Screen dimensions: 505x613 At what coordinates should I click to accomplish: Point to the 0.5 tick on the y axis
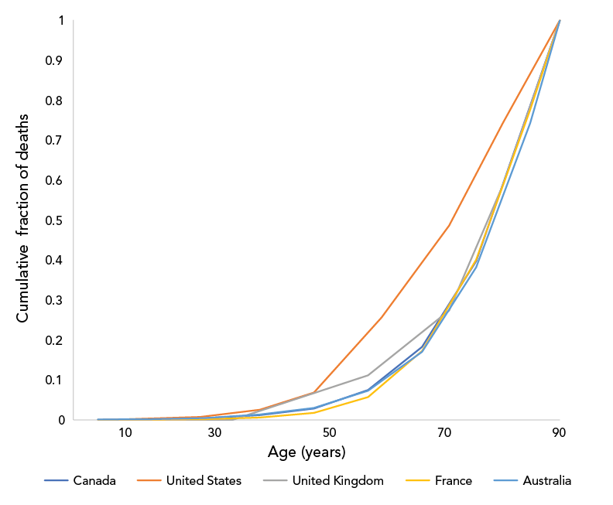[x=55, y=220]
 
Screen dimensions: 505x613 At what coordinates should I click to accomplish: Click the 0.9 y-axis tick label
[x=55, y=60]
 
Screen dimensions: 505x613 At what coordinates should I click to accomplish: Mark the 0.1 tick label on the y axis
[x=55, y=380]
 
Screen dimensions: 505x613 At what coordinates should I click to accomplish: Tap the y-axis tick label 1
[x=60, y=20]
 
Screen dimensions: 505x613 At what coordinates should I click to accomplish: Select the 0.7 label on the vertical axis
[x=55, y=140]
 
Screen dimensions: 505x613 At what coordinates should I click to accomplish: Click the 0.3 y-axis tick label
[x=55, y=300]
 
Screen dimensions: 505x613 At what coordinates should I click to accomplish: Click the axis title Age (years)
[x=306, y=452]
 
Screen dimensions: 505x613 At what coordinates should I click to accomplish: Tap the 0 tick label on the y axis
[x=60, y=420]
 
